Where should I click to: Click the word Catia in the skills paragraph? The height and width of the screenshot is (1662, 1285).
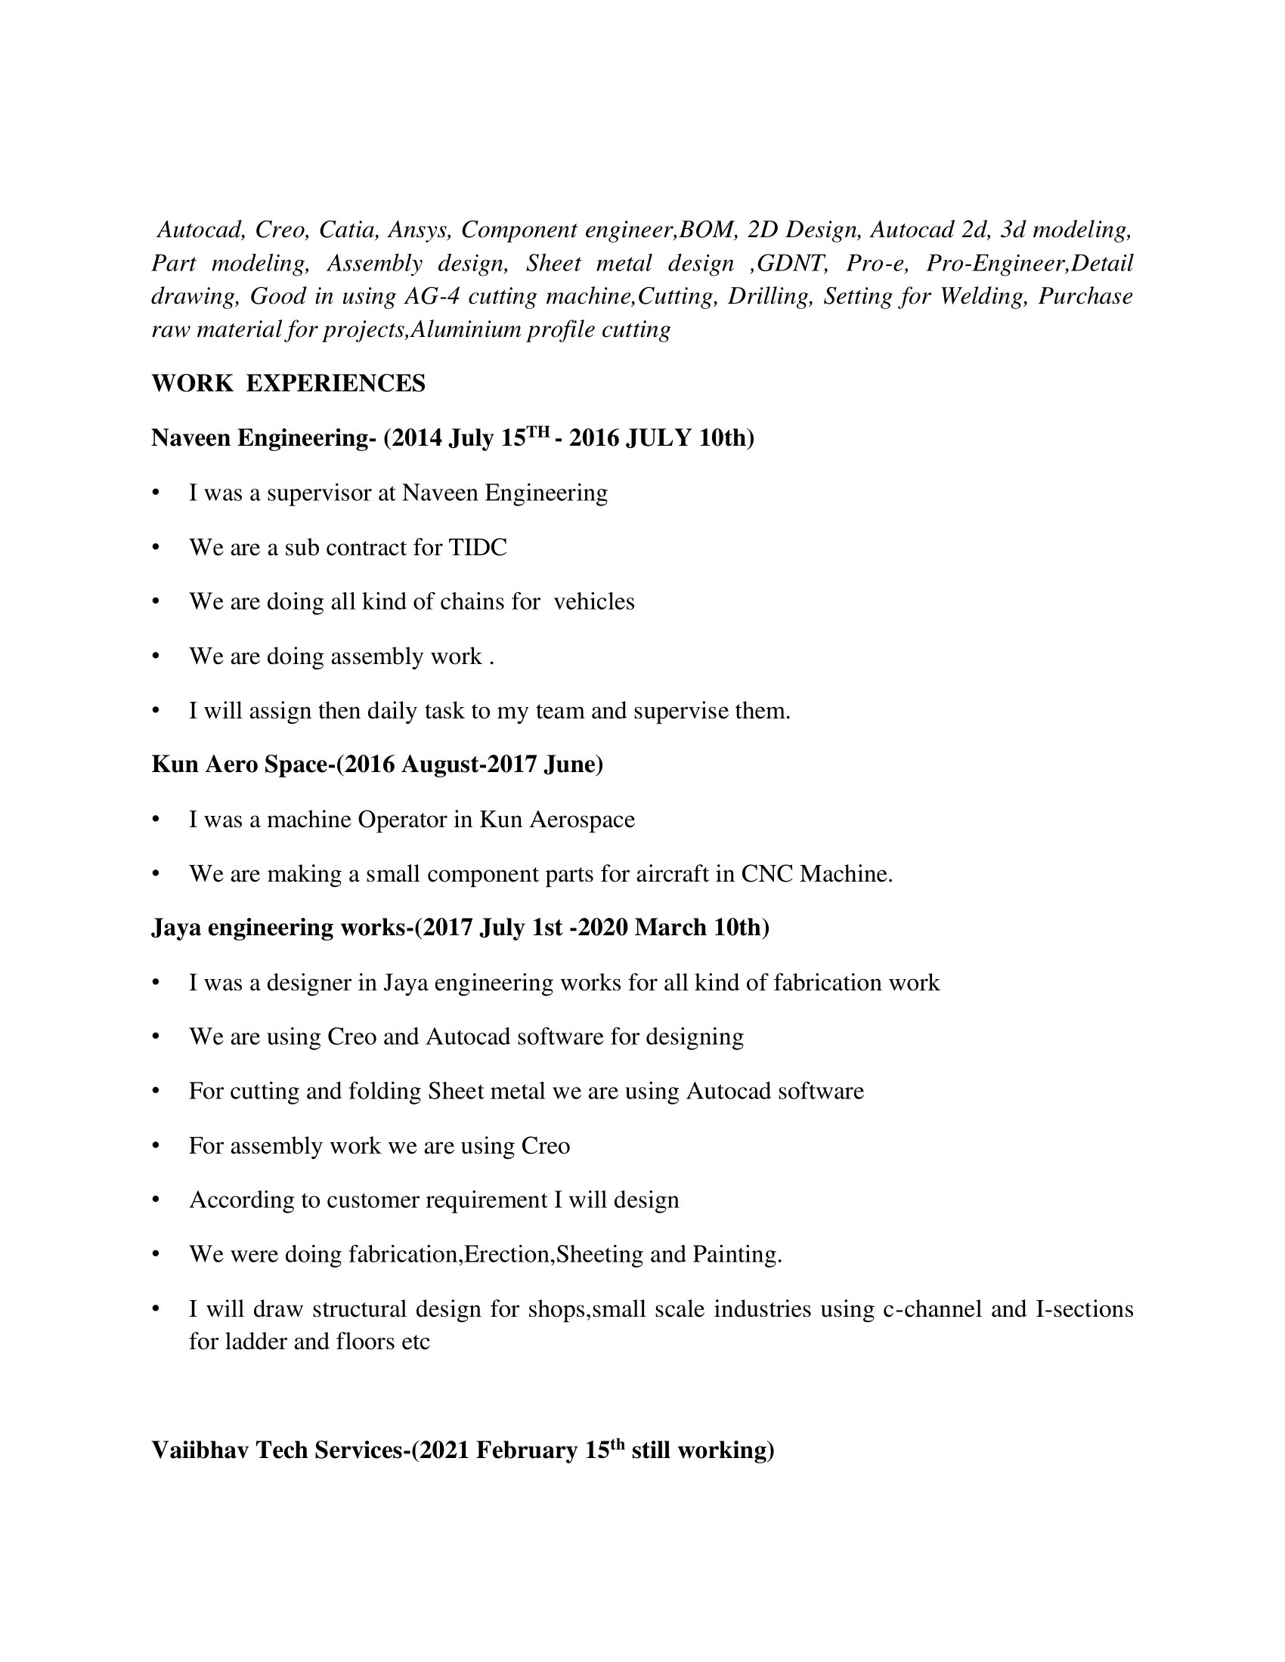click(348, 229)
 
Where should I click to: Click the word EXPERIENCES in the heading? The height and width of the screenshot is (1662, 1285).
click(336, 383)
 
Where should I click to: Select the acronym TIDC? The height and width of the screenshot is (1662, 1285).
click(477, 547)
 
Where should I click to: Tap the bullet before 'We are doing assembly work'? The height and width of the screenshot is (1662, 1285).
click(156, 656)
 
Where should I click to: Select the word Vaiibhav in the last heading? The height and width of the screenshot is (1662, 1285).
click(200, 1450)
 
